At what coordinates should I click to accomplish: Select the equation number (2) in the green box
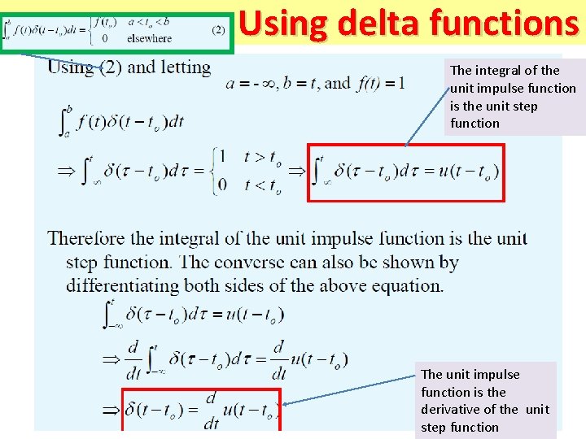[x=218, y=30]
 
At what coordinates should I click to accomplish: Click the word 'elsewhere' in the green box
[x=149, y=38]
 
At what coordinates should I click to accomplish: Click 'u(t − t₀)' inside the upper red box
[x=468, y=172]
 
